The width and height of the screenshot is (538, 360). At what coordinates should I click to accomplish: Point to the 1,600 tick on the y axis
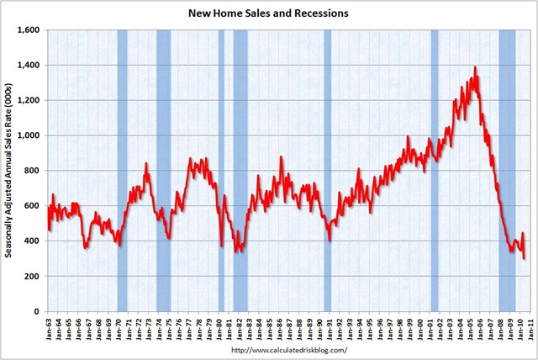pos(31,30)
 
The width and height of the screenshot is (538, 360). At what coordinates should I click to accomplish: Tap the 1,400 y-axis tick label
pos(31,65)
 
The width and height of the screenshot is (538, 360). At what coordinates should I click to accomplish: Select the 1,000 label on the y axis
pos(31,135)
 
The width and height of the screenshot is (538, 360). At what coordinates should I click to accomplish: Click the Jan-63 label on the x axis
pos(50,326)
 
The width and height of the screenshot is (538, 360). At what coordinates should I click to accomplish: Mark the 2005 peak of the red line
pos(475,67)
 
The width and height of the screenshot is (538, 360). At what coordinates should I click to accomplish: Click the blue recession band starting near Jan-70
pos(123,168)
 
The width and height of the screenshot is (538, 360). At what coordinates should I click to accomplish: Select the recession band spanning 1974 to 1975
pos(163,168)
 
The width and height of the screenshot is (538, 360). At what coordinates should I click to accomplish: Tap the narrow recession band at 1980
pos(221,168)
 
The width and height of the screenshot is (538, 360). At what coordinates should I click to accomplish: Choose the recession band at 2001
pos(435,168)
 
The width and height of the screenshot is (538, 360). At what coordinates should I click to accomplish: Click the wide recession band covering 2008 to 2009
pos(507,168)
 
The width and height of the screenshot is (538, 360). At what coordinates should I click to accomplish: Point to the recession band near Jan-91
pos(328,168)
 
